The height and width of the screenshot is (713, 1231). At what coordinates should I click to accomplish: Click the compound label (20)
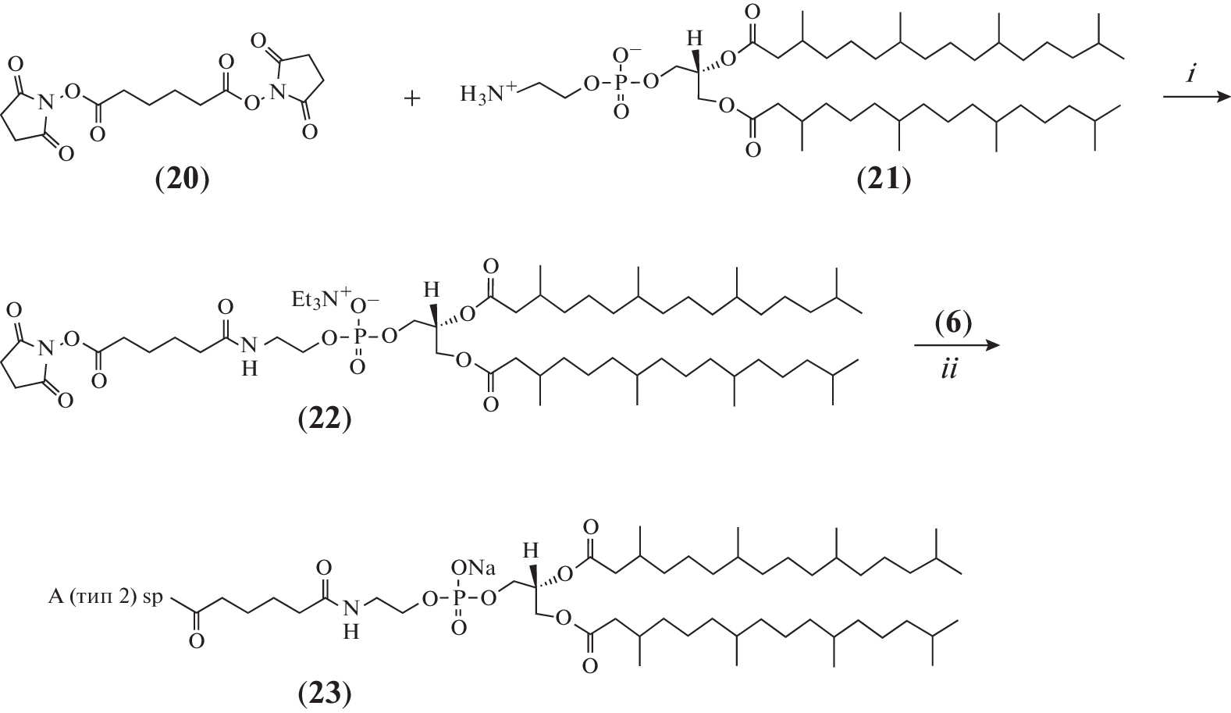[x=182, y=179]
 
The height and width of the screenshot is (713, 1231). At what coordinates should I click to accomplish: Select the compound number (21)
[x=884, y=179]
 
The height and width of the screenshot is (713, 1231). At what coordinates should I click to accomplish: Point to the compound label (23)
[x=324, y=693]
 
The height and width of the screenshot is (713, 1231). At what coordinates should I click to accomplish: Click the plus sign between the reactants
[x=411, y=99]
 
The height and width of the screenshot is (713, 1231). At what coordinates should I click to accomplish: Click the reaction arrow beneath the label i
[x=1196, y=98]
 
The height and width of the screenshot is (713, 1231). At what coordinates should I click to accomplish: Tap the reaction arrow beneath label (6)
[x=956, y=345]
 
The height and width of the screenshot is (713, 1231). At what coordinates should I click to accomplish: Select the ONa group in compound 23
[x=473, y=567]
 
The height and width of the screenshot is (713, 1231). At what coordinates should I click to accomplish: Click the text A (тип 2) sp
[x=105, y=597]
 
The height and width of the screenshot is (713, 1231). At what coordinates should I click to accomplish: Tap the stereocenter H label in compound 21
[x=696, y=38]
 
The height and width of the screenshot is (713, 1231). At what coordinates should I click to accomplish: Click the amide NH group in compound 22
[x=250, y=355]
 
